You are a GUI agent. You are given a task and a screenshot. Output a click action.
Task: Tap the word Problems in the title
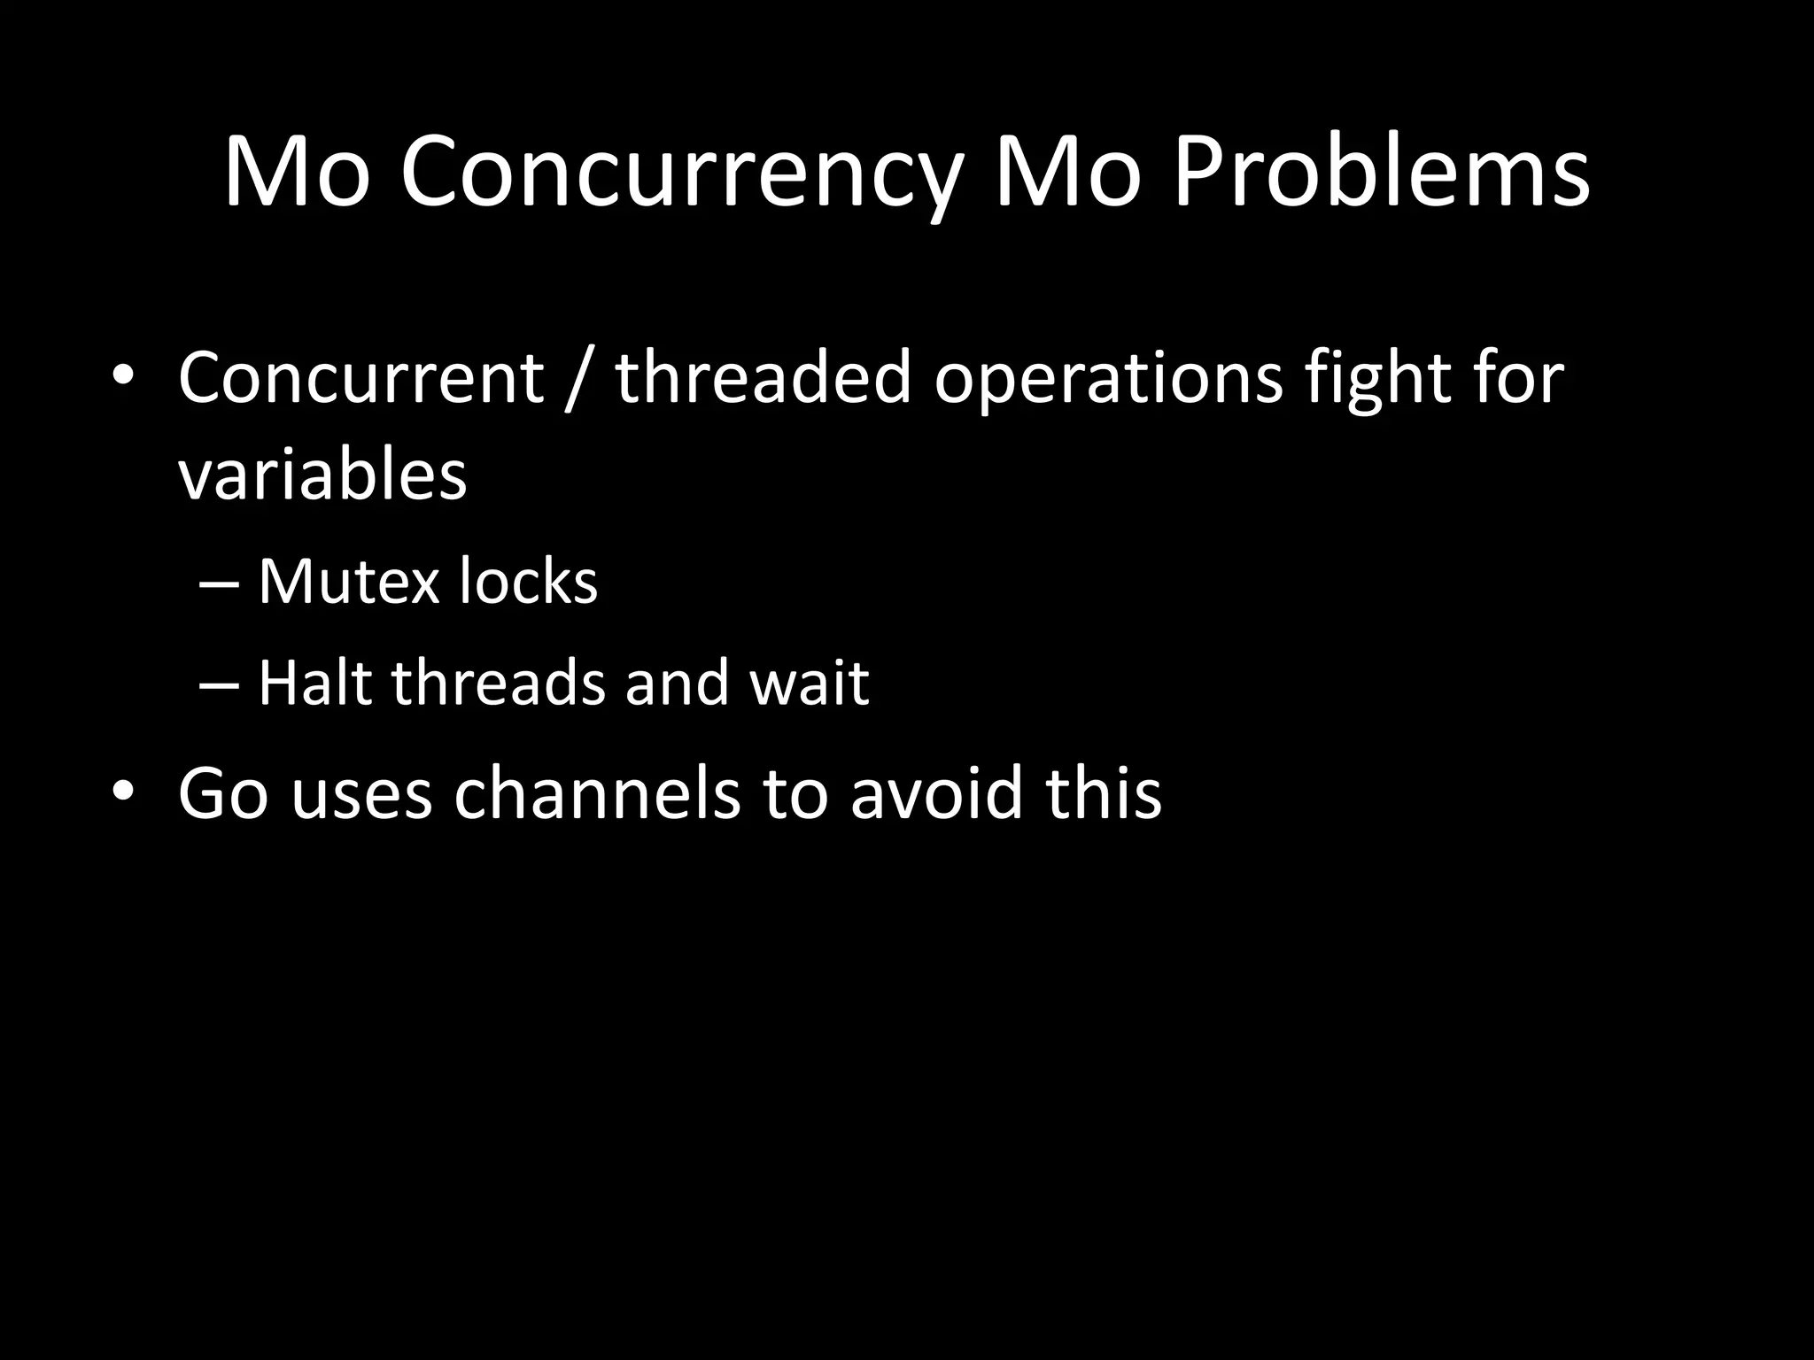coord(1380,173)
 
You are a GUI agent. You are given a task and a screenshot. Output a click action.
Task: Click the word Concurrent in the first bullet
coord(360,378)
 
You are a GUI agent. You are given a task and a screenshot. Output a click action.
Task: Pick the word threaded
coord(763,378)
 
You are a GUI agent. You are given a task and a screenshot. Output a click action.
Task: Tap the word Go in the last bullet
coord(222,792)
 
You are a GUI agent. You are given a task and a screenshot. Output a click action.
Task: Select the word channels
coord(597,792)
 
